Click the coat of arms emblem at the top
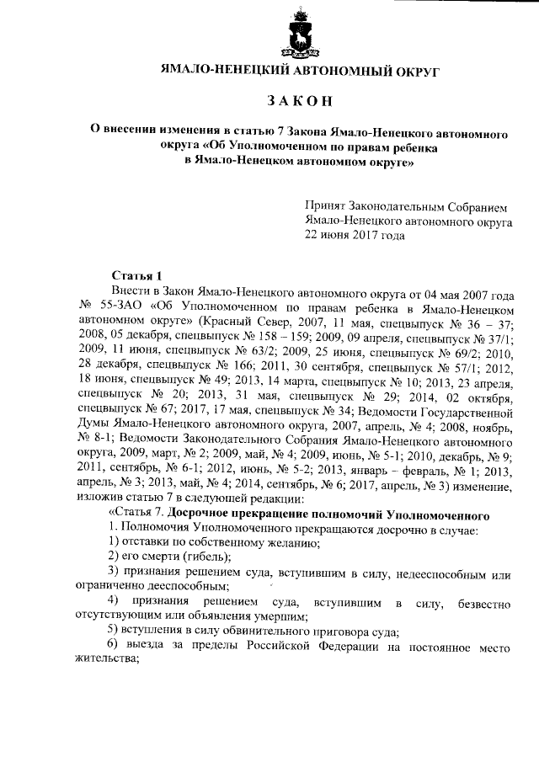[x=301, y=33]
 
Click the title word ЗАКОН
[x=300, y=101]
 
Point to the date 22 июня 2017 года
[x=355, y=236]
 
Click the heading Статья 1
[x=136, y=275]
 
